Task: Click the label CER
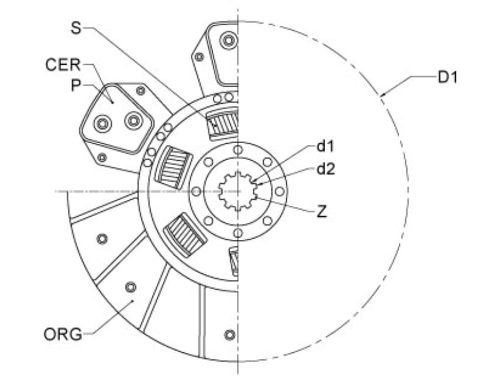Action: tap(63, 65)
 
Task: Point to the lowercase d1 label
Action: tap(326, 146)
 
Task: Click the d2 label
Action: tap(326, 170)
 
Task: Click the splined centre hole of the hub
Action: tap(237, 191)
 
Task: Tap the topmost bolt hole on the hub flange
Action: tap(237, 150)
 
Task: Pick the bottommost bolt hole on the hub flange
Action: tap(237, 233)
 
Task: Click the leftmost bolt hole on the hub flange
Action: tap(196, 191)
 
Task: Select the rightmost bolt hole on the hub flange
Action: tap(279, 191)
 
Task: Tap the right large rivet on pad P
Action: tap(134, 121)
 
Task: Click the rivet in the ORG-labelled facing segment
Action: tap(131, 287)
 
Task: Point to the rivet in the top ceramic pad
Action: tap(227, 41)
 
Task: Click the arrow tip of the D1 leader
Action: tap(381, 95)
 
